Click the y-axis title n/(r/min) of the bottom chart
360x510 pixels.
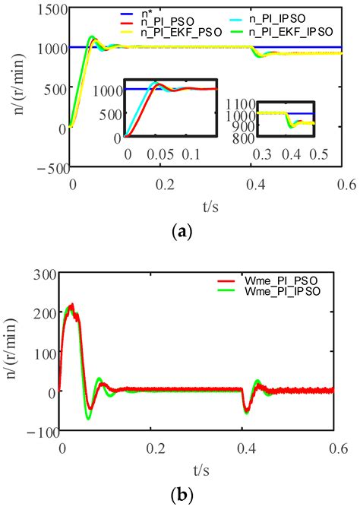[13, 353]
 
